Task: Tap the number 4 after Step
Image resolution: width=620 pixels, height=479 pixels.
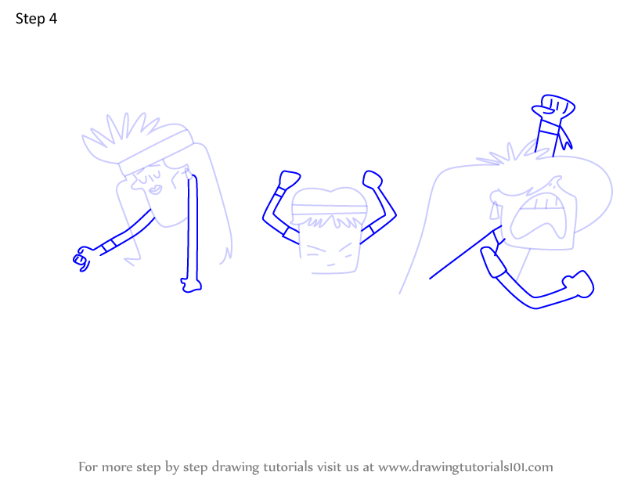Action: [x=53, y=19]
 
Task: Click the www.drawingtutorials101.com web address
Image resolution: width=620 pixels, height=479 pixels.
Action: [x=466, y=467]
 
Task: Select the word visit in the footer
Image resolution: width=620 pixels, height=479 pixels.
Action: [x=326, y=466]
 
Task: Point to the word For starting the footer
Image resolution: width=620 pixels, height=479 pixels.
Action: [x=88, y=466]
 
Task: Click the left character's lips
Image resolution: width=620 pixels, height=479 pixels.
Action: [x=156, y=189]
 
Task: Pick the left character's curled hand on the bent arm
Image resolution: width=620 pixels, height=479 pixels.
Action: [x=82, y=258]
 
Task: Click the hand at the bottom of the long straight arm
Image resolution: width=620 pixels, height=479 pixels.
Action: [x=191, y=286]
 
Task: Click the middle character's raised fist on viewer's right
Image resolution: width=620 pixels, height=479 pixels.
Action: [x=373, y=179]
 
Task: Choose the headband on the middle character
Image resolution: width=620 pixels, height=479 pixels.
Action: [x=330, y=210]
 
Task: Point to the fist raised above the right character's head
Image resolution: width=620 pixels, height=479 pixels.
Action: [x=553, y=106]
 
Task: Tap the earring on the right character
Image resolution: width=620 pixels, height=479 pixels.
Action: [x=494, y=211]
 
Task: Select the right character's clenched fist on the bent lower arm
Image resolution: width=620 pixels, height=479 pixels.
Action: [x=579, y=284]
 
